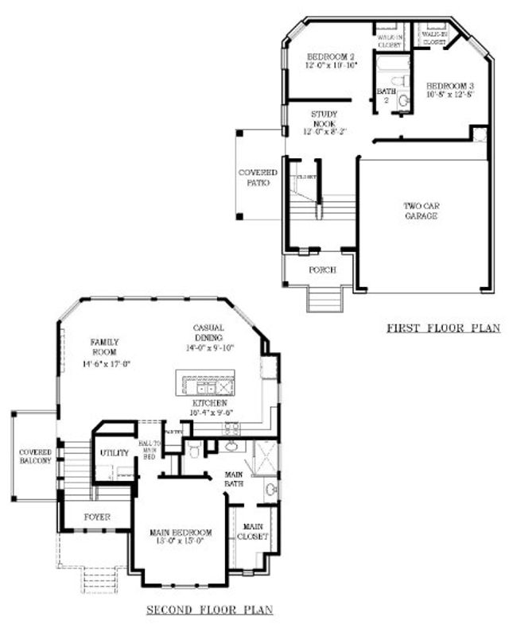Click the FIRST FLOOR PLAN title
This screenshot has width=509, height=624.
coord(443,328)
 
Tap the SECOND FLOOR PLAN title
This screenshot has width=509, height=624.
coord(210,610)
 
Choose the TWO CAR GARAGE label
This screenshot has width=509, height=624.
coord(421,211)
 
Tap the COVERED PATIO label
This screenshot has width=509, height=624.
coord(258,177)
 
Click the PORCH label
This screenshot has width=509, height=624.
coord(322,270)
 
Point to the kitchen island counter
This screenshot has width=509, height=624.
coord(206,385)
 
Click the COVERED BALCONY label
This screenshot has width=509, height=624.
coord(35,456)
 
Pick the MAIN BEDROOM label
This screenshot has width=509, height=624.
coord(181,537)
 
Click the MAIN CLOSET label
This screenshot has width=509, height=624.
coord(253,531)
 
